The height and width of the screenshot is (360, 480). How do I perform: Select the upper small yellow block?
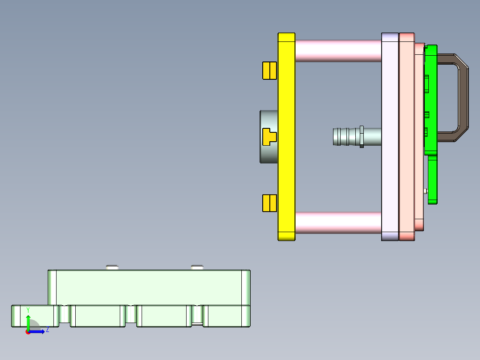pos(269,70)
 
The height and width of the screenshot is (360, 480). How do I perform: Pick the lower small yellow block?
pos(269,203)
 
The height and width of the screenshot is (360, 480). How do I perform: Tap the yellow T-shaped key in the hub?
pos(269,137)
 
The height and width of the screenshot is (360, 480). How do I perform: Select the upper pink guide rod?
pos(338,50)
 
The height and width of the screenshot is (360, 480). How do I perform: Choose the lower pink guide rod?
pos(338,223)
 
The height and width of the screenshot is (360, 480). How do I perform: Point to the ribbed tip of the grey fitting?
pos(341,137)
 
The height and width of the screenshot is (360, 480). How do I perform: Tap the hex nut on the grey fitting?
pos(362,137)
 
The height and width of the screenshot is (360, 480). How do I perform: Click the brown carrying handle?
pos(463,98)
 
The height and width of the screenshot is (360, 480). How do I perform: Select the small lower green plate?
pos(432,180)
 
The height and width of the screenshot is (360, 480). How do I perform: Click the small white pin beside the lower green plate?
pos(426,192)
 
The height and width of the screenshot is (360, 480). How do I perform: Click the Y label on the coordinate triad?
pos(28,310)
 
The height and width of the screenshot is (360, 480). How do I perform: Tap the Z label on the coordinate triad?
pos(47,330)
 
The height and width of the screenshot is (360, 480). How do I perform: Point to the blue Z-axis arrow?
pos(39,331)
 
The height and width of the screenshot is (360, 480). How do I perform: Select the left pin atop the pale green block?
pos(112,267)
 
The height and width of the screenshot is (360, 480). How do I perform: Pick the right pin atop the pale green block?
pos(197,267)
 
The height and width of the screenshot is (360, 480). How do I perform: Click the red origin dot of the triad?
pos(28,332)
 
